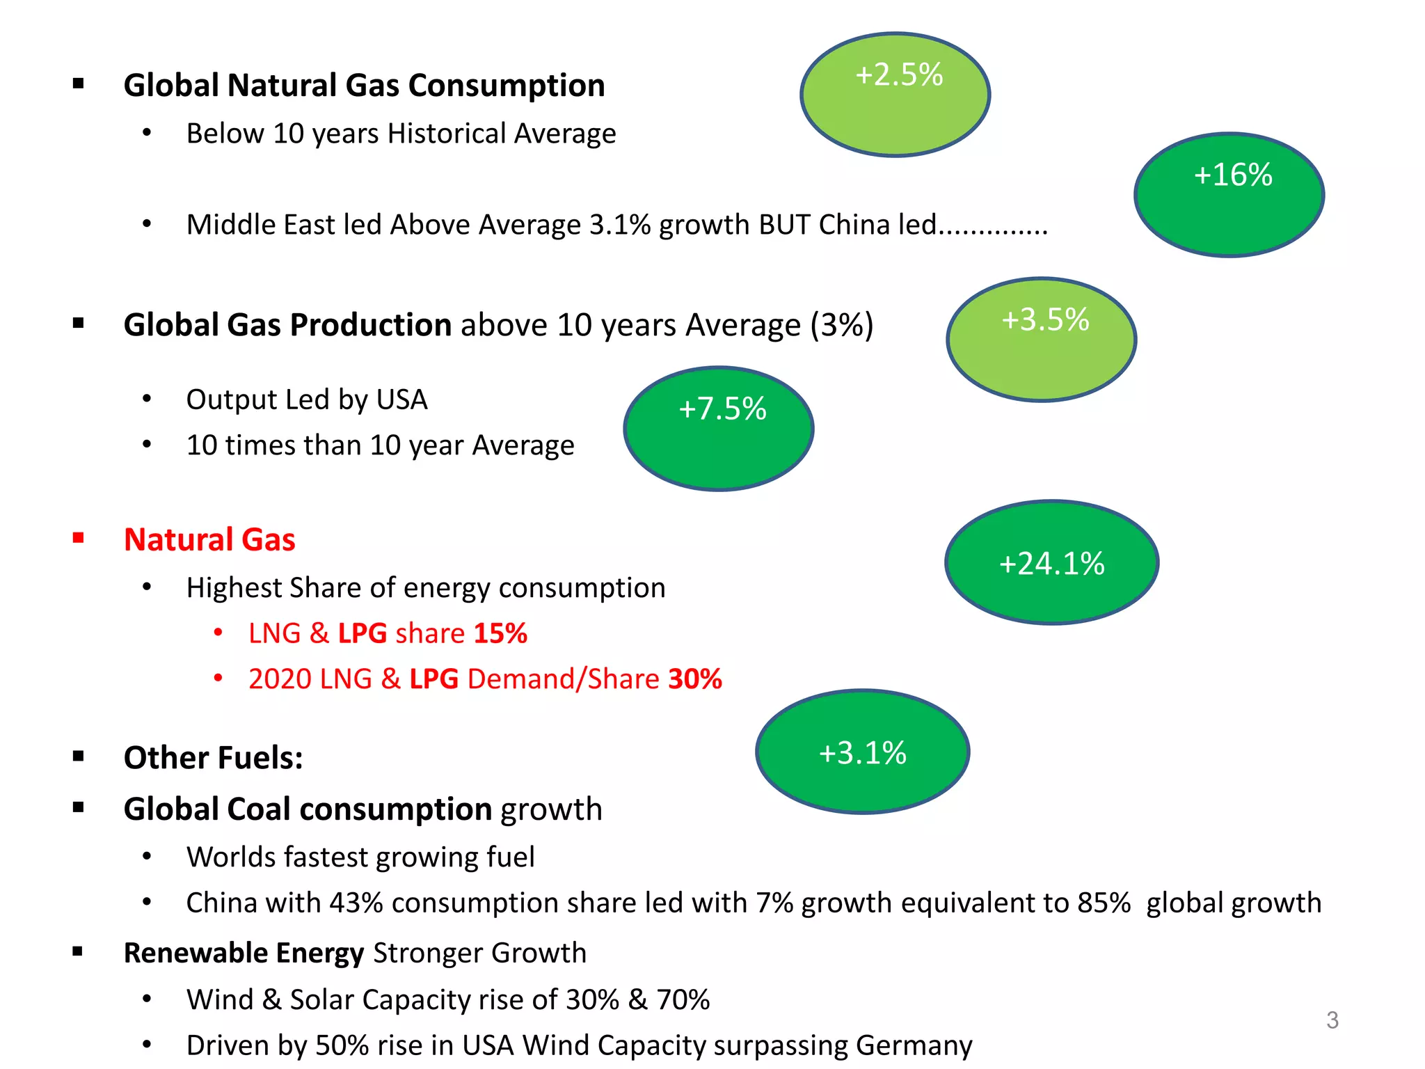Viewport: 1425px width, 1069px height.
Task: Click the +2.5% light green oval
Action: (895, 95)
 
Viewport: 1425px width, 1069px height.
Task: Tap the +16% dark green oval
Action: (1229, 195)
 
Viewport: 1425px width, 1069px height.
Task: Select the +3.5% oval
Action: (1042, 340)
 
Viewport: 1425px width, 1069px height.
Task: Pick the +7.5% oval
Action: (719, 429)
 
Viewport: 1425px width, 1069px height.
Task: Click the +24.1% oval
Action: (1052, 562)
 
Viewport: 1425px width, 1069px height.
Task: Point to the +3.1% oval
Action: (863, 752)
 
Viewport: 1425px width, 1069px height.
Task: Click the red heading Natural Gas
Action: (209, 539)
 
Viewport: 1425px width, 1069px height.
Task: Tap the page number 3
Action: (1332, 1020)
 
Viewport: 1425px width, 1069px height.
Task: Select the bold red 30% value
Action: (694, 679)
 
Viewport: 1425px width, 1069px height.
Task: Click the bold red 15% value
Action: (500, 633)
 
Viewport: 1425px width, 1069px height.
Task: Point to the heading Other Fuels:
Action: (213, 757)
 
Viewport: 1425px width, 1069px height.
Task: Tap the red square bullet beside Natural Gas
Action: (79, 538)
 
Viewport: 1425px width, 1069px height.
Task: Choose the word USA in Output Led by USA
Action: (401, 399)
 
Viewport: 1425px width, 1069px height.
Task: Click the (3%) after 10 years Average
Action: (841, 325)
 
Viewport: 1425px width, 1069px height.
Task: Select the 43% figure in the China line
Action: (356, 903)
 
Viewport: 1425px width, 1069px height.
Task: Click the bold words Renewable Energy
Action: (244, 953)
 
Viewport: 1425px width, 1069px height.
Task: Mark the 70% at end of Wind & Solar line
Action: (683, 999)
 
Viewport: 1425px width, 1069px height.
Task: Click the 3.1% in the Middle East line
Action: (619, 225)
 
